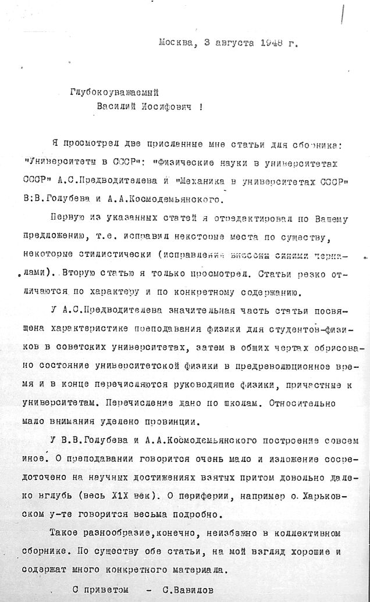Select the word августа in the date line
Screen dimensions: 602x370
(x=223, y=42)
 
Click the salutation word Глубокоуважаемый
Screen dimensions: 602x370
(x=115, y=91)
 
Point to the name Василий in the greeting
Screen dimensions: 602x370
(x=116, y=107)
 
